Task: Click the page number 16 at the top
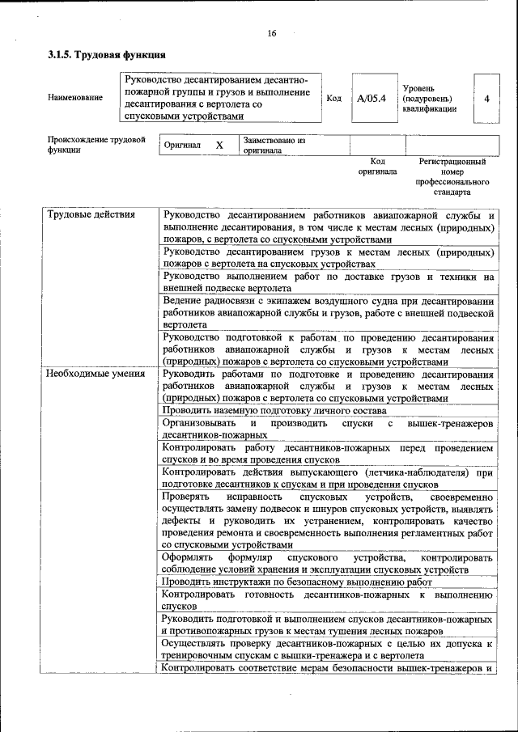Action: coord(272,33)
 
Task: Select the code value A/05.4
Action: coord(372,98)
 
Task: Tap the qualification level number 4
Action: coord(486,98)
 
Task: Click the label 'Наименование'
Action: coord(75,98)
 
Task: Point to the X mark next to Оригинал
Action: coord(219,146)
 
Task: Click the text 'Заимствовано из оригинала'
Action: coord(274,146)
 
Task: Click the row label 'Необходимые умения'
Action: coord(96,374)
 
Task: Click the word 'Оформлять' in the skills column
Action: coord(188,558)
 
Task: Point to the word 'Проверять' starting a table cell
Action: coord(185,495)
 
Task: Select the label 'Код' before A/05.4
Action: coord(333,98)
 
